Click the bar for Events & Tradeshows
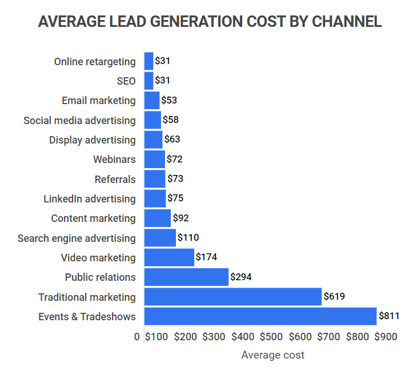click(260, 316)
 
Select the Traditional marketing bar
click(232, 297)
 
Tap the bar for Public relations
click(186, 277)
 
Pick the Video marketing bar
click(169, 257)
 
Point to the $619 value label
click(334, 297)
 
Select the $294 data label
click(240, 277)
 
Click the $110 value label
click(188, 238)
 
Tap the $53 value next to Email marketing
click(169, 101)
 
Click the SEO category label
click(126, 81)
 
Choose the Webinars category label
click(114, 160)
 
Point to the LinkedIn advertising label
click(90, 199)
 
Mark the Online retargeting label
click(95, 62)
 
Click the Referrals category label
click(115, 180)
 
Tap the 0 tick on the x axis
click(137, 337)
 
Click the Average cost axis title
click(272, 355)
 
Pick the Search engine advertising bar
click(160, 238)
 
